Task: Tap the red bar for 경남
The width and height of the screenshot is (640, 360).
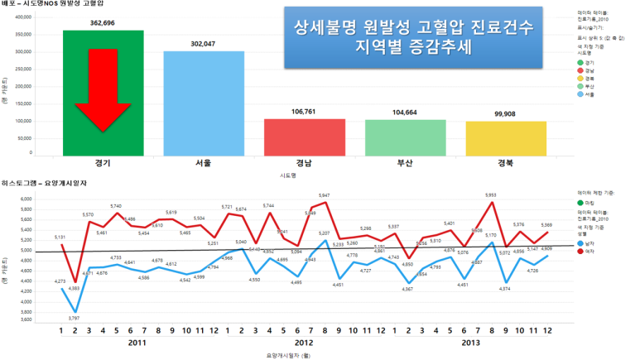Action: pyautogui.click(x=304, y=137)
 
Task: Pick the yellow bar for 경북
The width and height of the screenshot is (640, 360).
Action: pyautogui.click(x=507, y=137)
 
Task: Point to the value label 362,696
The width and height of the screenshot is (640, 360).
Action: pyautogui.click(x=103, y=24)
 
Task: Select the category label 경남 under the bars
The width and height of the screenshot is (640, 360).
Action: pyautogui.click(x=304, y=164)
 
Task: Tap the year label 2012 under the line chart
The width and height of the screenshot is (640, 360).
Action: pyautogui.click(x=304, y=342)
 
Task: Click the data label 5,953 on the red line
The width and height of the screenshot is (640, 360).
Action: pyautogui.click(x=491, y=195)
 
